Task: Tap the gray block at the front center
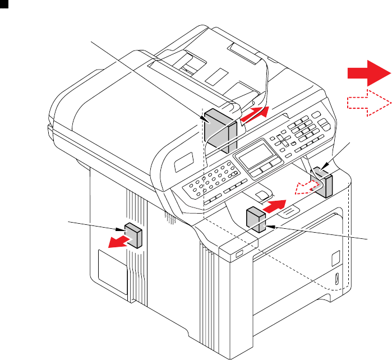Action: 255,218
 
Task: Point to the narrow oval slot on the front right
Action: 336,278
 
